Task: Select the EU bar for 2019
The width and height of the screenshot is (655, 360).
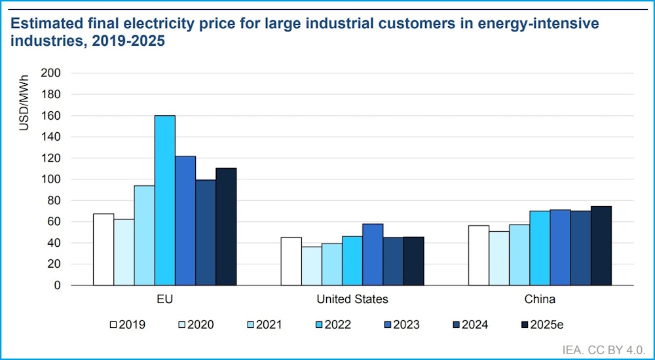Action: pos(103,249)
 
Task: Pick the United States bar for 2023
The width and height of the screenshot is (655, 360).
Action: pos(373,255)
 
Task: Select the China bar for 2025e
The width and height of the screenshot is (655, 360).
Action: pos(601,245)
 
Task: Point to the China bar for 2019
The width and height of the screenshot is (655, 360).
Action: pos(479,255)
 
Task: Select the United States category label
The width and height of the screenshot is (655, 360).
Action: pos(352,300)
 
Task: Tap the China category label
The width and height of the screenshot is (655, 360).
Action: pos(540,300)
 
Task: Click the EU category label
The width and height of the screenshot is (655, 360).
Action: pos(165,300)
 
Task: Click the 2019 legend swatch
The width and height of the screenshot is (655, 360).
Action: pos(113,324)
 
